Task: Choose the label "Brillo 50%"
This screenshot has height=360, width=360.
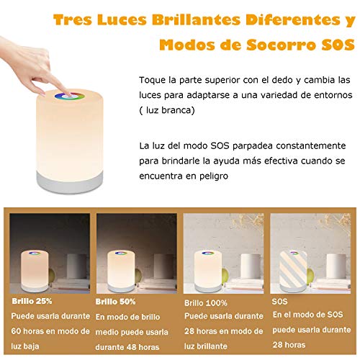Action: [116, 302]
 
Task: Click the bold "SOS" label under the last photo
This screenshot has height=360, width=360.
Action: [280, 303]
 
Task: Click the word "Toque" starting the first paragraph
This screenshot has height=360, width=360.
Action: [153, 78]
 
